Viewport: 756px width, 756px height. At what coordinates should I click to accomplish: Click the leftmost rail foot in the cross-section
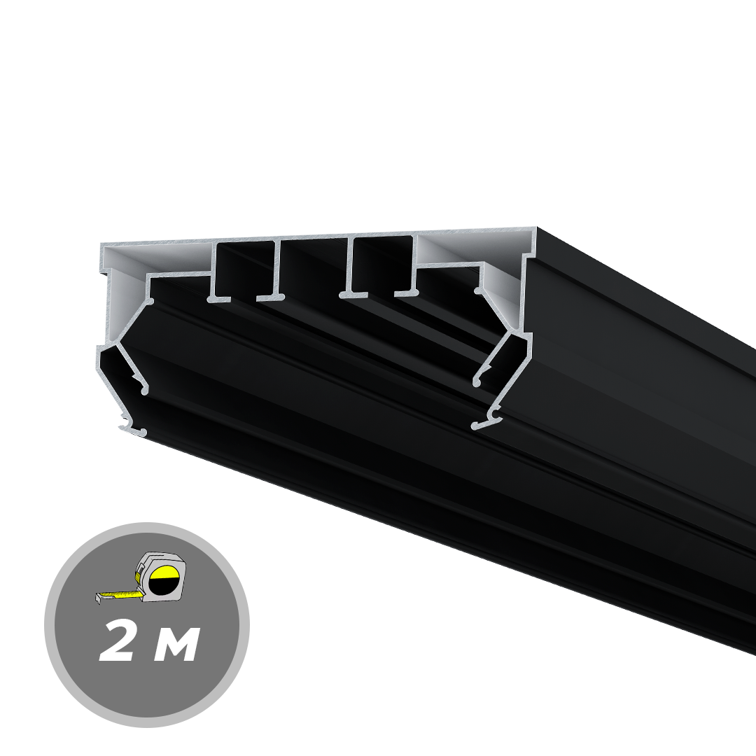[x=218, y=298]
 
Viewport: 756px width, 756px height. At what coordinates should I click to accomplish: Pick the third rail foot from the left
[x=351, y=295]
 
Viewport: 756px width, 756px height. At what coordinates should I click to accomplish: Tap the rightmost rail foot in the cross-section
[x=406, y=293]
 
